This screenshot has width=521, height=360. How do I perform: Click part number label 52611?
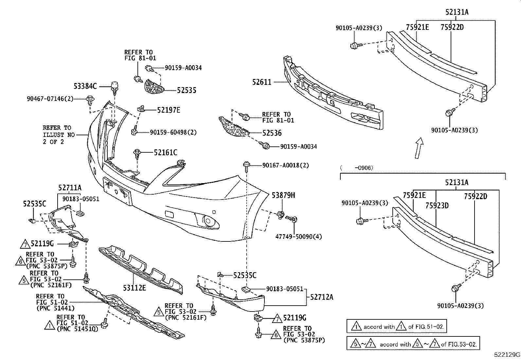[261, 82]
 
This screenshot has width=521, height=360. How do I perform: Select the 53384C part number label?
[85, 86]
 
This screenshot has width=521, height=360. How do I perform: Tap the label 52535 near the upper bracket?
[187, 90]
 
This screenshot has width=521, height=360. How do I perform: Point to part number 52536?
[272, 133]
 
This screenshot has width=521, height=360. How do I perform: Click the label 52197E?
[169, 110]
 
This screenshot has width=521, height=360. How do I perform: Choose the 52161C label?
[166, 152]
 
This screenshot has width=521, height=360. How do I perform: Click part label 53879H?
[283, 196]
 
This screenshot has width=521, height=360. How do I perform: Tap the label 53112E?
[135, 288]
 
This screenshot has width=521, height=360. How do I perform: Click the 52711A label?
[70, 188]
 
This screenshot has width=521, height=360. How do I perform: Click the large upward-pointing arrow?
[419, 148]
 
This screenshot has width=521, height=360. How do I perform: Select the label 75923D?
[437, 205]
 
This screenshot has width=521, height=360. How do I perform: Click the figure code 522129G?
[507, 354]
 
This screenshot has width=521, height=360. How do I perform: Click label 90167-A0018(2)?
[285, 165]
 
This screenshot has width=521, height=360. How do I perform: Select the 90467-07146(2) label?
[50, 98]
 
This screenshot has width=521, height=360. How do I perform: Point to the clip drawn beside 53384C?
[114, 86]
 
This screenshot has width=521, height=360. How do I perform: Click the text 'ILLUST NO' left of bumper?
[59, 135]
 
